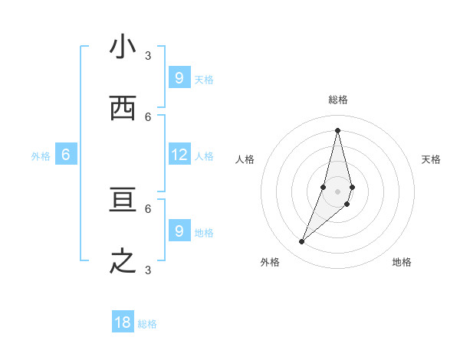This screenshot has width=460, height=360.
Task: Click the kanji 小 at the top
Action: (x=123, y=47)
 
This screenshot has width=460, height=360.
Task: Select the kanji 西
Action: (x=123, y=109)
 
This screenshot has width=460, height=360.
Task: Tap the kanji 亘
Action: (x=123, y=201)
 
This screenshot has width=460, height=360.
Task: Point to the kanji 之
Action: (x=123, y=262)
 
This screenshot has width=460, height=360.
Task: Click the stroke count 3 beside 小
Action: (x=148, y=55)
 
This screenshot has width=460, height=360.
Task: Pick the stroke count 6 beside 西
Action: (x=148, y=116)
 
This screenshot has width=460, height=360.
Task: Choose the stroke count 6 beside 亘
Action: (x=148, y=208)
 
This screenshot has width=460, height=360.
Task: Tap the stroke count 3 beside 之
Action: (x=148, y=270)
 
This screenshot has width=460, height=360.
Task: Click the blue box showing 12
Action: (x=179, y=155)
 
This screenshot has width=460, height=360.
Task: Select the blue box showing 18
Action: (x=123, y=322)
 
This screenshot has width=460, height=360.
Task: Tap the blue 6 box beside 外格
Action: (x=66, y=155)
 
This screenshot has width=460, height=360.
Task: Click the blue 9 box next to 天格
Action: (x=179, y=77)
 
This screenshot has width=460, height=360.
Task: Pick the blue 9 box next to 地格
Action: (x=179, y=231)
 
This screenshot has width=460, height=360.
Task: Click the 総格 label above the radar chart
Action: (x=338, y=100)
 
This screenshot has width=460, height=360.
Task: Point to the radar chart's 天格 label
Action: (x=431, y=159)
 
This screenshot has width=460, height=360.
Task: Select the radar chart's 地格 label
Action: (x=402, y=262)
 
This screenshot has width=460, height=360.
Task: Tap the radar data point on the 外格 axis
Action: (x=302, y=242)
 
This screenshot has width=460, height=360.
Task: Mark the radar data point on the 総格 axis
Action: (x=338, y=129)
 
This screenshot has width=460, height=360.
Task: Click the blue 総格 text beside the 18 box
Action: (x=147, y=324)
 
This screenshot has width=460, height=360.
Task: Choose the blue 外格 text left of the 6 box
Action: (x=41, y=156)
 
